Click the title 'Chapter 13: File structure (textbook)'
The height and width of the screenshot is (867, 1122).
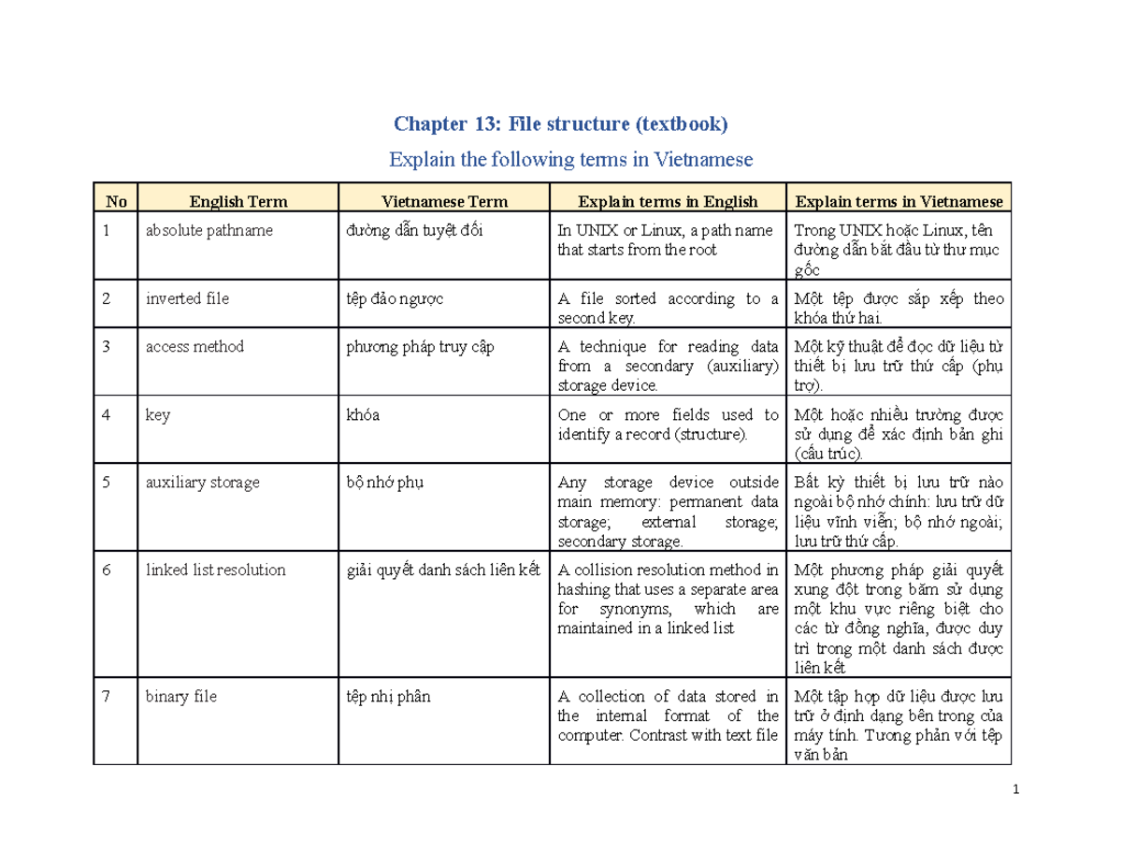tap(560, 124)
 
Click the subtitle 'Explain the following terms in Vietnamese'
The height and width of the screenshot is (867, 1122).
tap(569, 160)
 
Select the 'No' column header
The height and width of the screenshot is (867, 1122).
tap(116, 200)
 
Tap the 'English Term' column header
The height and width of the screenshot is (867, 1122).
tap(238, 200)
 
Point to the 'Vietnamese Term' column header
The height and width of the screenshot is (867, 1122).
tap(444, 200)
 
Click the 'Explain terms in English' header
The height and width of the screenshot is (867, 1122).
tap(668, 200)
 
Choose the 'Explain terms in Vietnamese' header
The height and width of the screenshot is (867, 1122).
tap(898, 200)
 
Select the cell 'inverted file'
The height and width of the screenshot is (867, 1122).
tap(187, 299)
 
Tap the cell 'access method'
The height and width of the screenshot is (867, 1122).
tap(194, 347)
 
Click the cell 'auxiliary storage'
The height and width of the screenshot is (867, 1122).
tap(202, 484)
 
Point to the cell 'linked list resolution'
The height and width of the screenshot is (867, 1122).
tap(215, 570)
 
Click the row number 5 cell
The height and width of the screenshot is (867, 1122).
tap(108, 484)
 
